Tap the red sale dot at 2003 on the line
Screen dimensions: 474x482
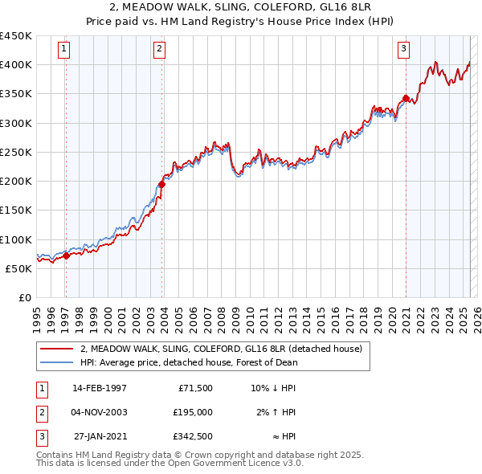[161, 184]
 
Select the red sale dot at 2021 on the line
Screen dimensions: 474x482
[406, 99]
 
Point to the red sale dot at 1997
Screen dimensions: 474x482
[66, 255]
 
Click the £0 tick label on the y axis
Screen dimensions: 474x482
[24, 298]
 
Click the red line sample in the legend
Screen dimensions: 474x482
[56, 349]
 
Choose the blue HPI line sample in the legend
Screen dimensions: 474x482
[56, 362]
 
